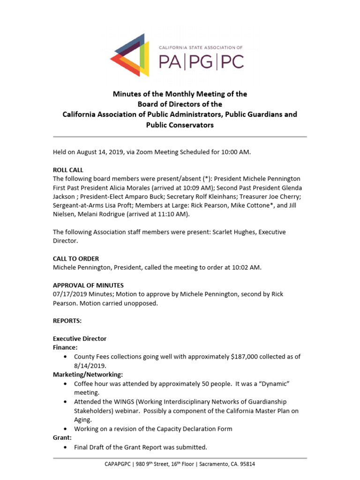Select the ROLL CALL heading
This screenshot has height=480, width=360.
[x=68, y=170]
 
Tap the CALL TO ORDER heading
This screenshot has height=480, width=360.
[x=75, y=258]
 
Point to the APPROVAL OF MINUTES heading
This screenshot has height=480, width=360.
[x=88, y=285]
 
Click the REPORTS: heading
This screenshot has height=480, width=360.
[x=67, y=321]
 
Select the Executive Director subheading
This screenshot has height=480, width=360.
[x=80, y=338]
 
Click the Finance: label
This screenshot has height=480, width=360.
[x=65, y=347]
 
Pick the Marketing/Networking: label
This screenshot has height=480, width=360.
[x=88, y=375]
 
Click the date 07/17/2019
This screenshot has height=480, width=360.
[x=69, y=294]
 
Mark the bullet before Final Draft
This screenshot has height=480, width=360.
[x=65, y=447]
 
